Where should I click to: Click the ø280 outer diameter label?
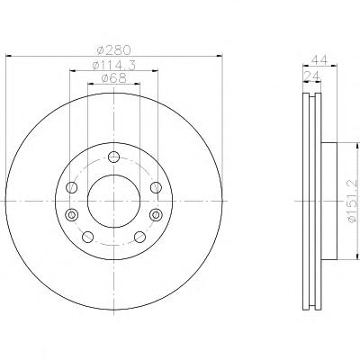pos(114,50)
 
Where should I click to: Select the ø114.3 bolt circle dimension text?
pos(114,65)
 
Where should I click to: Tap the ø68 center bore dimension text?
pos(114,78)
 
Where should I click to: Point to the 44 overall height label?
pos(319,59)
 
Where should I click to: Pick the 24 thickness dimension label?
pos(312,76)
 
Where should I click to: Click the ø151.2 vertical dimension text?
pos(354,201)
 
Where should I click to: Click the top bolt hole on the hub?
pos(113,157)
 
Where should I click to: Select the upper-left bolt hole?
pos(72,187)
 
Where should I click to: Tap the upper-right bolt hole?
pos(156,187)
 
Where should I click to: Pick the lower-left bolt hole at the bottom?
pos(87,237)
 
